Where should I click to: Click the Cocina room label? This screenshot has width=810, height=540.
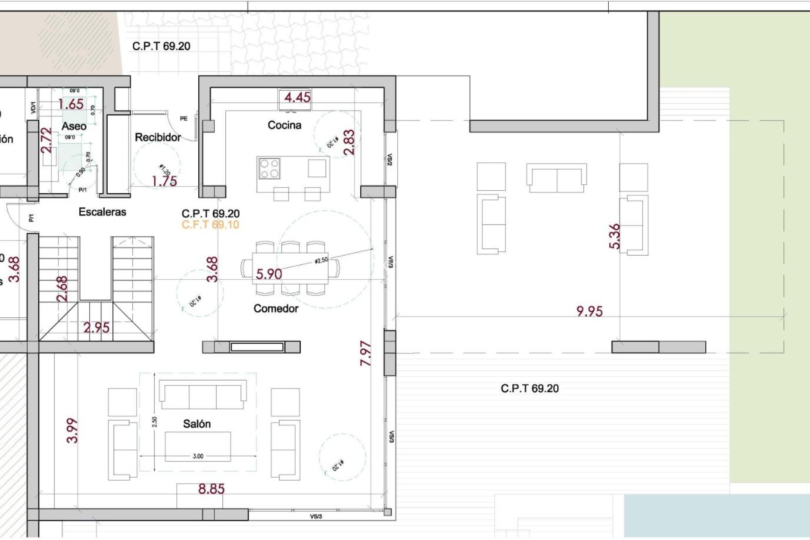[x=284, y=125]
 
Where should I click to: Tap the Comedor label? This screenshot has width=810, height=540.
[x=276, y=309]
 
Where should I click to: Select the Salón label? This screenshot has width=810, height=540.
[x=197, y=424]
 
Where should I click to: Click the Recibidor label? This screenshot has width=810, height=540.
[x=158, y=138]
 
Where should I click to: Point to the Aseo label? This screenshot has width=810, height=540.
[x=74, y=126]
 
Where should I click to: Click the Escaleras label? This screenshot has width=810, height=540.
[x=103, y=212]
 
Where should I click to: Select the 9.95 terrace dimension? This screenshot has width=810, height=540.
[x=589, y=311]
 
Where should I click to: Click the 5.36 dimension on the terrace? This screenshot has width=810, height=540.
[x=615, y=236]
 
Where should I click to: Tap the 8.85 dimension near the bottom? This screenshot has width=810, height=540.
[x=211, y=489]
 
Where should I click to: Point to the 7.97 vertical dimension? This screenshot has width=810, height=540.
[x=366, y=354]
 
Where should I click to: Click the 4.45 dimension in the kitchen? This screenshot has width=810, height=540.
[x=297, y=97]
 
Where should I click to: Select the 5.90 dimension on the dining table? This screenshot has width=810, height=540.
[x=269, y=274]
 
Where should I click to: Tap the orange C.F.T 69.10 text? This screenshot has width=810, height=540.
[x=210, y=225]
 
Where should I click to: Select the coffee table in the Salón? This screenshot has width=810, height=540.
[x=197, y=446]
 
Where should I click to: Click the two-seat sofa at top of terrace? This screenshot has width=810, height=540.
[x=557, y=178]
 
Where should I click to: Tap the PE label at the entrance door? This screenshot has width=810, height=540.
[x=184, y=119]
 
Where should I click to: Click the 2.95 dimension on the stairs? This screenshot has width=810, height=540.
[x=96, y=328]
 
